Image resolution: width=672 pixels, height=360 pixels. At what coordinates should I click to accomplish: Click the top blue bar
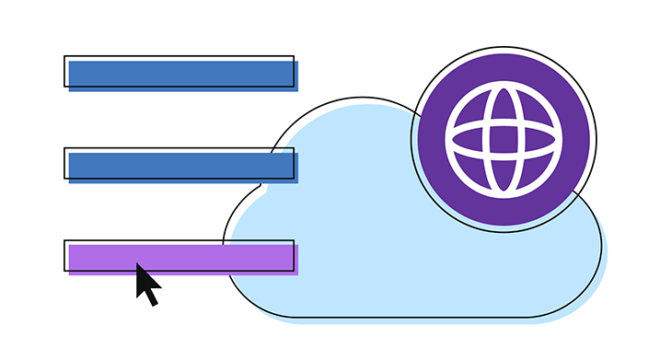(181, 74)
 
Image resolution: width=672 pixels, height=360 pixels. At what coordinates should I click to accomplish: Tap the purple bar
(181, 258)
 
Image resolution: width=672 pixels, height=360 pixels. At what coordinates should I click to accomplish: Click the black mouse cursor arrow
(145, 283)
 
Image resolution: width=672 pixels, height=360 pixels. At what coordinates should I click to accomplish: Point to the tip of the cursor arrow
(137, 264)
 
